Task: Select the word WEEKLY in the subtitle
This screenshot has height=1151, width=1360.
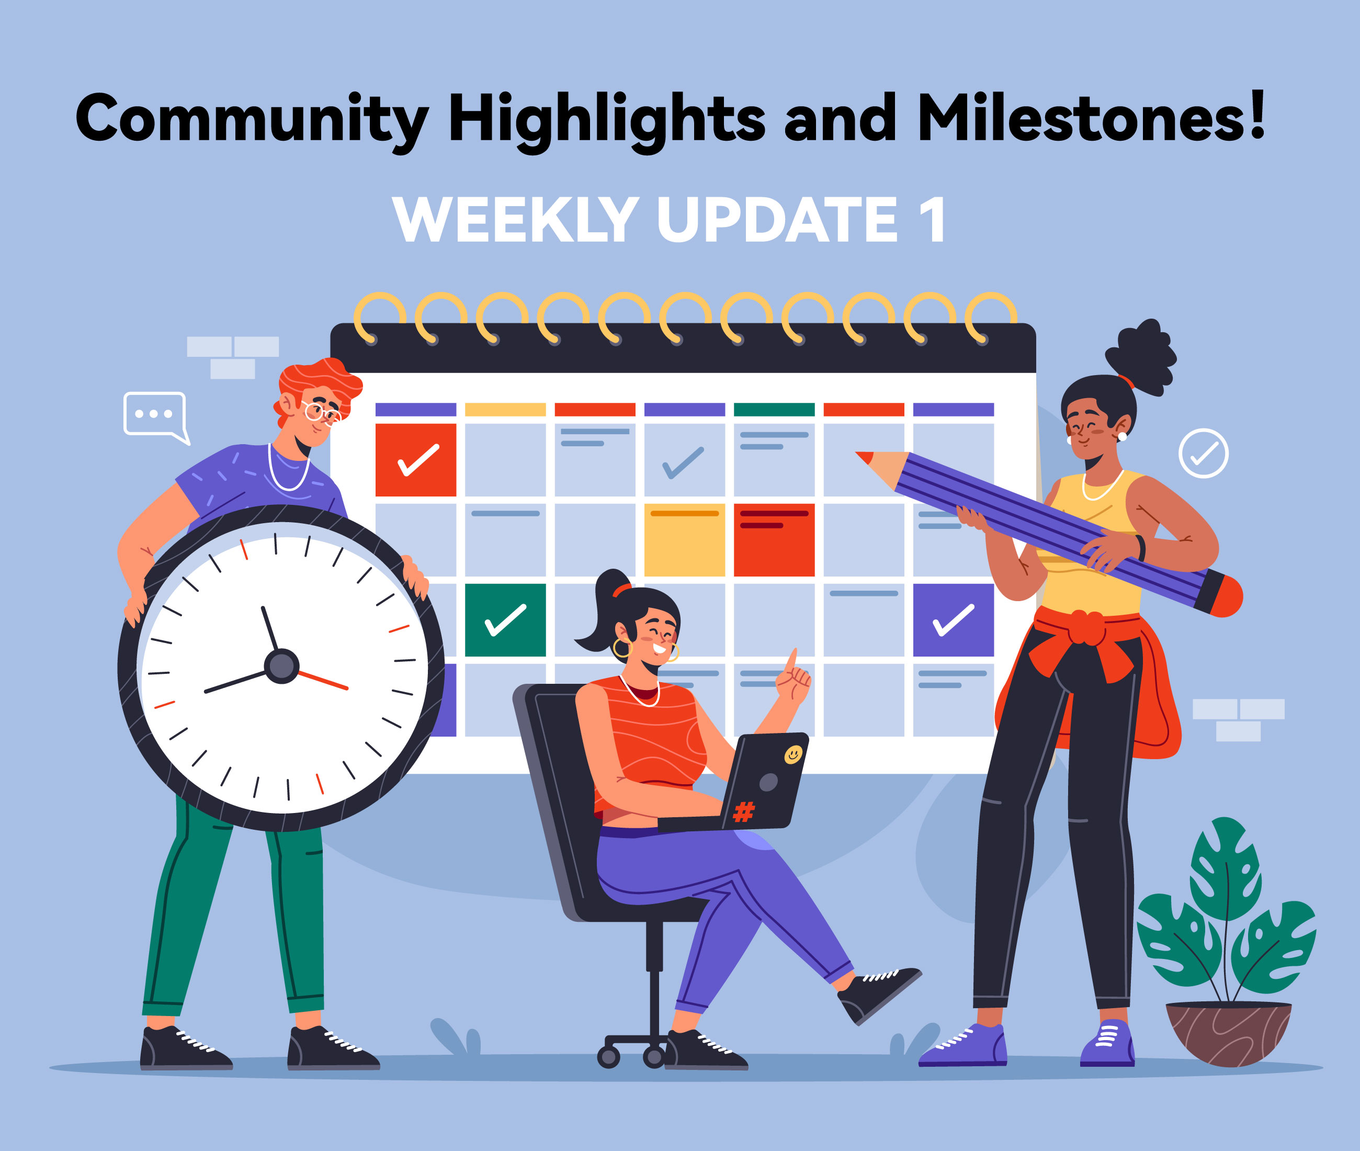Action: pyautogui.click(x=515, y=219)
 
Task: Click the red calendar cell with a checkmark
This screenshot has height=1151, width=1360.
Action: pyautogui.click(x=415, y=460)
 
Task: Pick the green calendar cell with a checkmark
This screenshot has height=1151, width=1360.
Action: pyautogui.click(x=505, y=620)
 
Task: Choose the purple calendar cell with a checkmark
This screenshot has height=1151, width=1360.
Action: pyautogui.click(x=954, y=620)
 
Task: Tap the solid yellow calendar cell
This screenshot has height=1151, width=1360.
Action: pyautogui.click(x=684, y=539)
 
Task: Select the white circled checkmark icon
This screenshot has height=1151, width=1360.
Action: pyautogui.click(x=1204, y=454)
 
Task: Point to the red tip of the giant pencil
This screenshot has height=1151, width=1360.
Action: pyautogui.click(x=864, y=457)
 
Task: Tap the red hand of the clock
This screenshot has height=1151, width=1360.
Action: pyautogui.click(x=323, y=679)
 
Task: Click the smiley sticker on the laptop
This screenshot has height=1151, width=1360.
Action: pyautogui.click(x=792, y=755)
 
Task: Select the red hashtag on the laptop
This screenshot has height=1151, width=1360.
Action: pyautogui.click(x=744, y=811)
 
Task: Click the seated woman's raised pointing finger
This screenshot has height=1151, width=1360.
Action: pyautogui.click(x=792, y=660)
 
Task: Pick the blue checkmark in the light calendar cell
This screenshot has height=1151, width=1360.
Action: pyautogui.click(x=683, y=462)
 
